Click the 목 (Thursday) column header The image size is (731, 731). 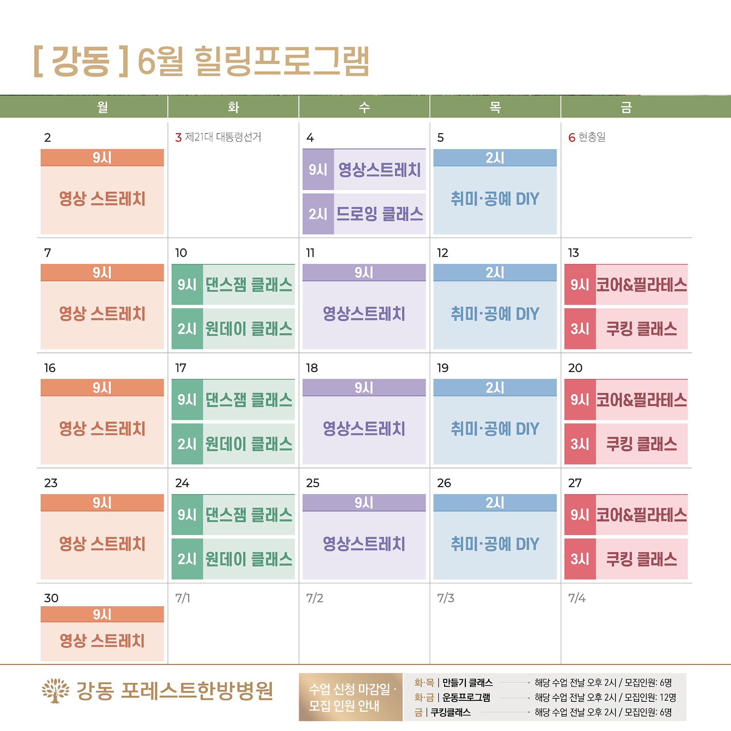pyautogui.click(x=495, y=107)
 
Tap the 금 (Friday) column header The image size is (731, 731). pyautogui.click(x=626, y=107)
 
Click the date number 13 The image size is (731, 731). pyautogui.click(x=573, y=253)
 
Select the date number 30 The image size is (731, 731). pyautogui.click(x=51, y=598)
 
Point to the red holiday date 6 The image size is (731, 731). pyautogui.click(x=572, y=137)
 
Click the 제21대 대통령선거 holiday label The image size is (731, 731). pyautogui.click(x=223, y=137)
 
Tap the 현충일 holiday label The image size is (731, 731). pyautogui.click(x=592, y=137)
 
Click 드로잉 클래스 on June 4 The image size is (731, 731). pyautogui.click(x=379, y=214)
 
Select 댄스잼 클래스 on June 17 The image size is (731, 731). pyautogui.click(x=249, y=400)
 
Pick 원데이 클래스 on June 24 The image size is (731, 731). pyautogui.click(x=249, y=559)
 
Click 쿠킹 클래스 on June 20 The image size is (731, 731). pyautogui.click(x=641, y=444)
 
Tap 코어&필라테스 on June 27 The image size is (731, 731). pyautogui.click(x=641, y=515)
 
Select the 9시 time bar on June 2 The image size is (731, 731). pyautogui.click(x=102, y=158)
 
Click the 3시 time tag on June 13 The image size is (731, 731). pyautogui.click(x=580, y=329)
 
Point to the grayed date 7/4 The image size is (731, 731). pyautogui.click(x=577, y=598)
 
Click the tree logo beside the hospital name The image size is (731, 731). pyautogui.click(x=55, y=690)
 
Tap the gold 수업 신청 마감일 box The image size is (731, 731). pyautogui.click(x=351, y=697)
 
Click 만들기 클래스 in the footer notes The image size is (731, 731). pyautogui.click(x=467, y=682)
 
